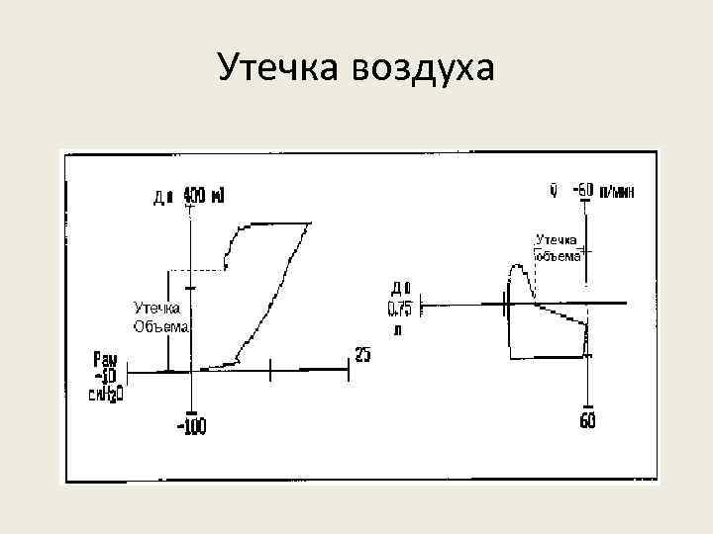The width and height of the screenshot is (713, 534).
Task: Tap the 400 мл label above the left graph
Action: pyautogui.click(x=205, y=197)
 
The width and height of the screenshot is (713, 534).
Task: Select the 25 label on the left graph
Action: pyautogui.click(x=362, y=355)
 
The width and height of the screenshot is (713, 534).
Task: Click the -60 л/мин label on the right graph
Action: pyautogui.click(x=605, y=191)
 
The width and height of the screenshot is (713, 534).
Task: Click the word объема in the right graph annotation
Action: pyautogui.click(x=558, y=255)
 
